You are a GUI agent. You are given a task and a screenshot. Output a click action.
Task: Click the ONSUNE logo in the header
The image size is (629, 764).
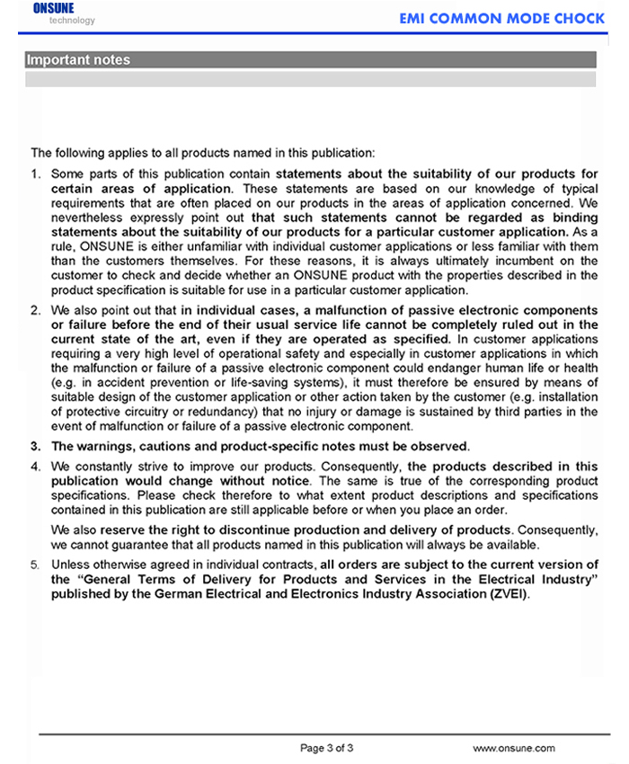click(x=54, y=8)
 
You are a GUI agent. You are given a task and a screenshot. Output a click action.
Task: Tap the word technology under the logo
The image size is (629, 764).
click(x=72, y=20)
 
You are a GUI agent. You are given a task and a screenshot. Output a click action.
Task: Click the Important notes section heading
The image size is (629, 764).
click(x=78, y=60)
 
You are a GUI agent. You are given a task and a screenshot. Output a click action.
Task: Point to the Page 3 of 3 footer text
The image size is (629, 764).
click(x=326, y=748)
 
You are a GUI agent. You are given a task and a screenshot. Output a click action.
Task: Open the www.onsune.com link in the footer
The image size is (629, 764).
click(x=514, y=748)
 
